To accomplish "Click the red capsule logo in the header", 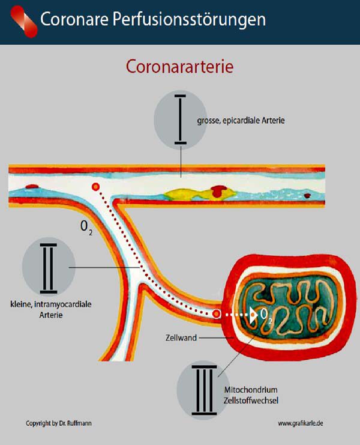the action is pos(24,22).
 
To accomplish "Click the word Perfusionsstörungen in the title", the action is pos(190,20).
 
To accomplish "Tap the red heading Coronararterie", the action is pos(180,67).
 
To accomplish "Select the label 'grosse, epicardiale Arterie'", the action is pos(241,120).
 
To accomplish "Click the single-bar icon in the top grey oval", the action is pos(180,120).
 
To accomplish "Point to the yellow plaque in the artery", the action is pos(200,195).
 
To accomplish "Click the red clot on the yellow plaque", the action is pos(219,190).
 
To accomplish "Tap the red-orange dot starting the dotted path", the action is pos(96,186).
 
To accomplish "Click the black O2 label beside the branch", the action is pos(86,228).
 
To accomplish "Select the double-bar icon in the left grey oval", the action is pos(49,268).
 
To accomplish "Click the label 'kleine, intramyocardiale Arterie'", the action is pos(51,310).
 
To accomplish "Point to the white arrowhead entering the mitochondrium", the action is pos(253,315).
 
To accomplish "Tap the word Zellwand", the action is pos(181,338).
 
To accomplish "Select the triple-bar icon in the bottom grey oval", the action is pos(204,390).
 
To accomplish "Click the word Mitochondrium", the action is pos(251,390).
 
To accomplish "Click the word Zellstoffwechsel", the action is pos(251,401).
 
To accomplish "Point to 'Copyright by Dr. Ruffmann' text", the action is pos(59,423).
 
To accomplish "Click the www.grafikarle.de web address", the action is pos(301,423).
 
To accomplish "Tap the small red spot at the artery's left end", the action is pos(32,186).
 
